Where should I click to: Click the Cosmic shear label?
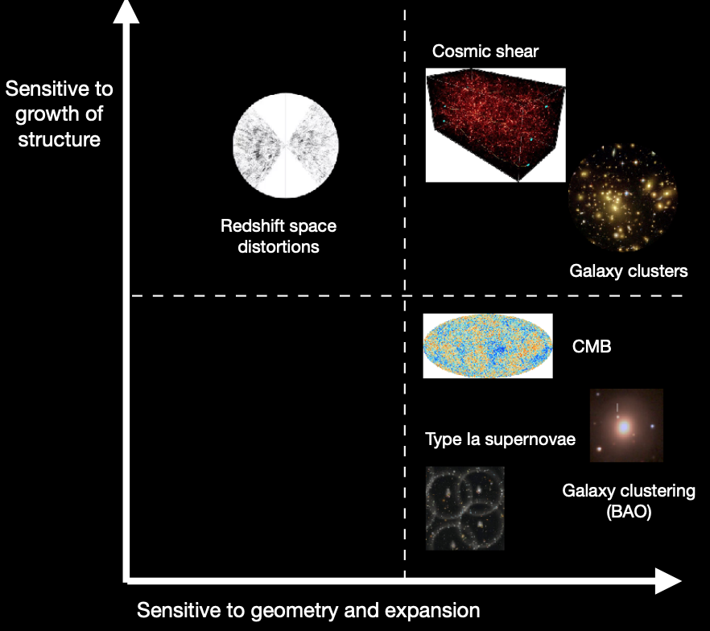485,52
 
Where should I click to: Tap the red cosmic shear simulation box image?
495,124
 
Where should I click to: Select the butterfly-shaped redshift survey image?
286,146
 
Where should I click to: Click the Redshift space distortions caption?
279,237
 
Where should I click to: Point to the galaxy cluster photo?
622,197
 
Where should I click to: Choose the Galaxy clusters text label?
629,271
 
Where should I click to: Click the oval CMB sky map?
487,346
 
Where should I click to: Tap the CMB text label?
592,347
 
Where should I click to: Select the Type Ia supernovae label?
500,439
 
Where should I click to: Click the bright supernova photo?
625,426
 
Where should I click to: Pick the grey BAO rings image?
464,508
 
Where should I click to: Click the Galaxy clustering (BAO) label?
629,500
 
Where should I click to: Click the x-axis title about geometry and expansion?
308,610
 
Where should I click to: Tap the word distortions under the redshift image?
279,247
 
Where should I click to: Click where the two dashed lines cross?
404,296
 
